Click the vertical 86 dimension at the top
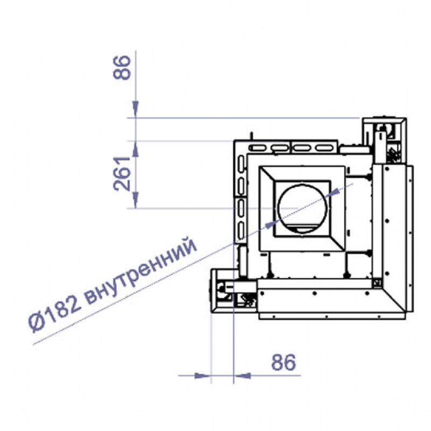pyautogui.click(x=122, y=68)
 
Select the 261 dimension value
pyautogui.click(x=122, y=173)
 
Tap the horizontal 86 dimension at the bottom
pyautogui.click(x=284, y=362)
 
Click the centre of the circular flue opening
pyautogui.click(x=303, y=208)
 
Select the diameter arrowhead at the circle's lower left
pyautogui.click(x=272, y=224)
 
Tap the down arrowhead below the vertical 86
pyautogui.click(x=136, y=109)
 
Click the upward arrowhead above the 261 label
pyautogui.click(x=136, y=150)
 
